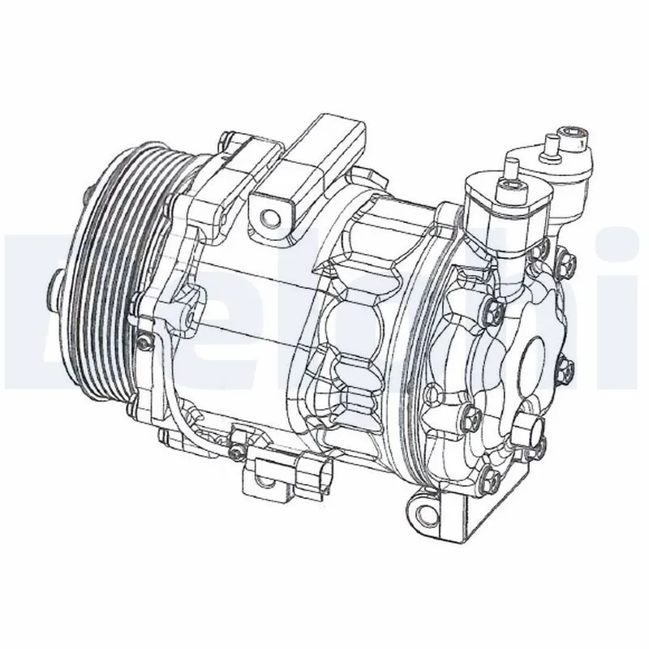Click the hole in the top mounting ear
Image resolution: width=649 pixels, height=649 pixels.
[x=268, y=215]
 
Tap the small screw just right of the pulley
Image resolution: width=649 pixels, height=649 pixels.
[x=144, y=343]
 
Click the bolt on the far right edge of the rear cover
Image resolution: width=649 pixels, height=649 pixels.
[x=566, y=370]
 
